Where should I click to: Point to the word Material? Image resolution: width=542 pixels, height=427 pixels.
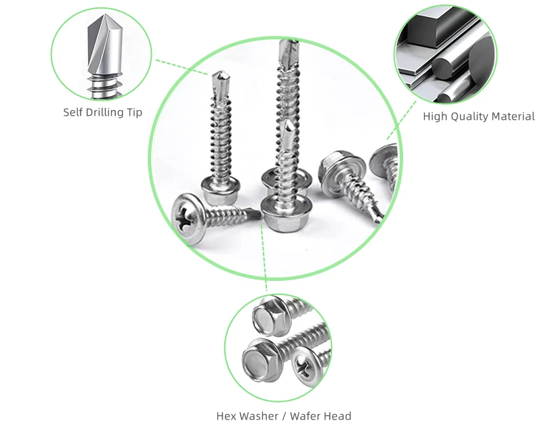[513, 116]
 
